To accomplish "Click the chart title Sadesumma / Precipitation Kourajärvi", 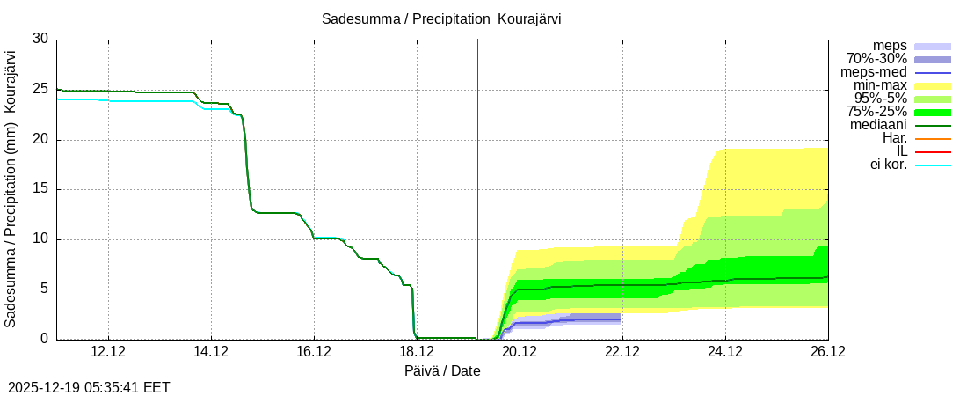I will click(441, 18).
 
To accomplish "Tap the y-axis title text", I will click(11, 189).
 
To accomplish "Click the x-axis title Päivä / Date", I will click(442, 370).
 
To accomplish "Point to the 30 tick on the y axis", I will click(40, 39).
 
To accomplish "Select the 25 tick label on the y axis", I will click(40, 89).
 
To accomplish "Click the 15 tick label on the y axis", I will click(40, 189).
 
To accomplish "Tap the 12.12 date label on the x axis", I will click(108, 351).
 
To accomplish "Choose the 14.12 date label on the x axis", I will click(211, 351).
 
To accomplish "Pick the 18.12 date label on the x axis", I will click(417, 351).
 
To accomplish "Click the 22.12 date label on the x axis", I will click(622, 351).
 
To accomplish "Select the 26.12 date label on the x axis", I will click(827, 351).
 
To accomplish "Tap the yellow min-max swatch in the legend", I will click(933, 85).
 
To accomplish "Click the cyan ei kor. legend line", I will click(933, 165).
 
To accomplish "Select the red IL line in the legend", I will click(933, 151).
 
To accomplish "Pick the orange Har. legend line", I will click(933, 138).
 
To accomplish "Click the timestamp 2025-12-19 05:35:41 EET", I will click(89, 387).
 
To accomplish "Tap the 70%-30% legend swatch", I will click(933, 59).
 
